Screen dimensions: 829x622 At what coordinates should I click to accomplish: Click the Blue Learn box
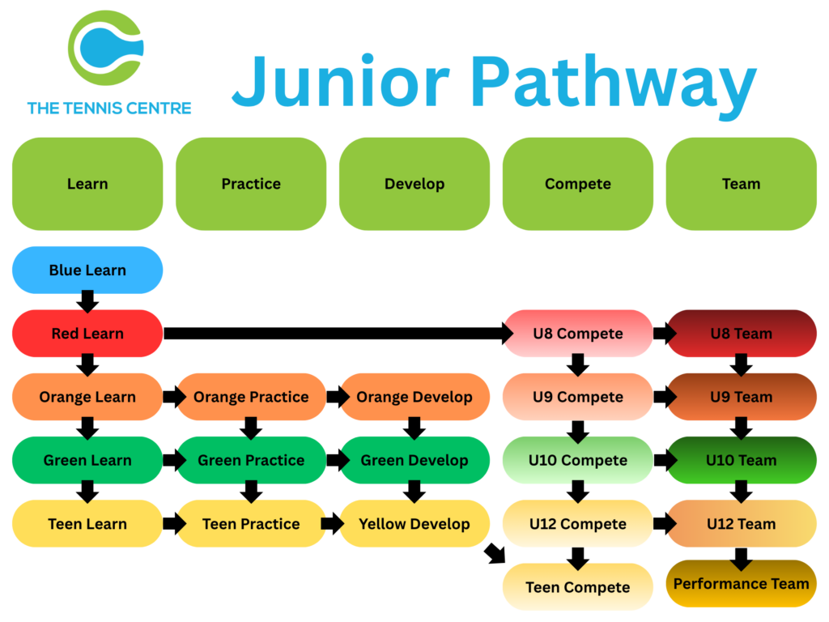pos(87,270)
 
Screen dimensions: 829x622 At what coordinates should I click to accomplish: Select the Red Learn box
pos(87,333)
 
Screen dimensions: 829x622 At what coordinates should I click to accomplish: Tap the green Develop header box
pos(414,184)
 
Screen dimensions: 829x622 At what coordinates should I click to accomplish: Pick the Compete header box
pos(578,184)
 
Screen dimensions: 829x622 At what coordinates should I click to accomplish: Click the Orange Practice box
pos(251,397)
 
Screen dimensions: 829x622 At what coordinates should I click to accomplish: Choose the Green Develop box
pos(414,460)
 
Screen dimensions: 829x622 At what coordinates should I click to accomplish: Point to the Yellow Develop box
pos(414,524)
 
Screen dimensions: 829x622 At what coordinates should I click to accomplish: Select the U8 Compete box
pos(578,333)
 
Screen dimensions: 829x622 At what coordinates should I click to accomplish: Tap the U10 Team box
pos(742,460)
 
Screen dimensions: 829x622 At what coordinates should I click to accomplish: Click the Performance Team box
pos(742,583)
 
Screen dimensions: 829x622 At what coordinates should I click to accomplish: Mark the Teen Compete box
pos(578,587)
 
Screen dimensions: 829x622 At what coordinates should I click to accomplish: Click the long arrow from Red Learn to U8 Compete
pos(338,333)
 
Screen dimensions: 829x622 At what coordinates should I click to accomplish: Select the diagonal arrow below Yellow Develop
pos(495,553)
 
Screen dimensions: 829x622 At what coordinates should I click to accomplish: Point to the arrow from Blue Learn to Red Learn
pos(87,301)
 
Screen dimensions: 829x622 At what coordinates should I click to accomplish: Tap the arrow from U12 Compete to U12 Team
pos(665,524)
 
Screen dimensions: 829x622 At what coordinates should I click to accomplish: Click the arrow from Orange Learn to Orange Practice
pos(175,397)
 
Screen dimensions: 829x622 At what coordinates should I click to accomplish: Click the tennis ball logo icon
pos(106,48)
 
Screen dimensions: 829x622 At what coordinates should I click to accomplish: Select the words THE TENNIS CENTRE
pos(109,108)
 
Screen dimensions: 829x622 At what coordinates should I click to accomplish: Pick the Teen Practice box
pos(251,524)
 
